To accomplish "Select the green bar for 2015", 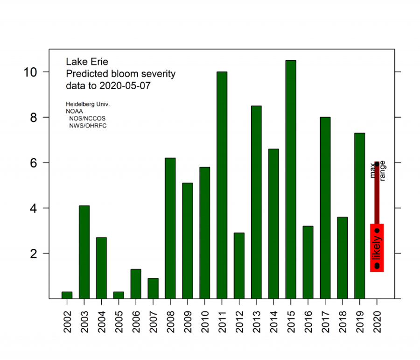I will tap(290, 179).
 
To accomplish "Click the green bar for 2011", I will tap(222, 185).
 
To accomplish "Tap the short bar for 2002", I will tap(67, 295).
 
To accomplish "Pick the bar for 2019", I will tap(359, 216).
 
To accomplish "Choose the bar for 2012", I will tap(239, 265).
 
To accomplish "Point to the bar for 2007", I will tap(153, 288).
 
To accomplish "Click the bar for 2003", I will tap(84, 252).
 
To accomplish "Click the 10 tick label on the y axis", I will tap(30, 72).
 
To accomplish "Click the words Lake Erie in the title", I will tap(86, 62).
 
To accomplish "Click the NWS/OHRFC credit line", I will tap(88, 126).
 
